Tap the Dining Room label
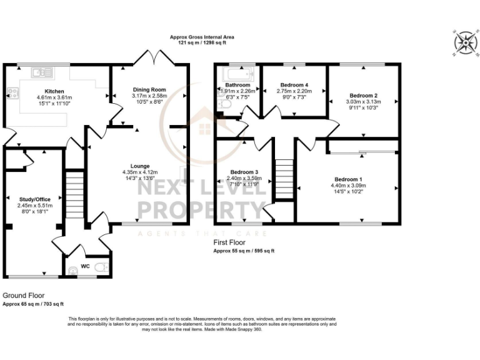[149, 89]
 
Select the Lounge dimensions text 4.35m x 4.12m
[140, 172]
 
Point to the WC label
[85, 266]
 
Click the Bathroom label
[237, 85]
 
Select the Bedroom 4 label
[294, 85]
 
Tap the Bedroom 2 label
[363, 96]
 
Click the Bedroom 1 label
[348, 179]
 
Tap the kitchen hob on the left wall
[11, 93]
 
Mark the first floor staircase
[284, 178]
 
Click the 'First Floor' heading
[229, 242]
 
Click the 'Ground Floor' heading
[23, 295]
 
